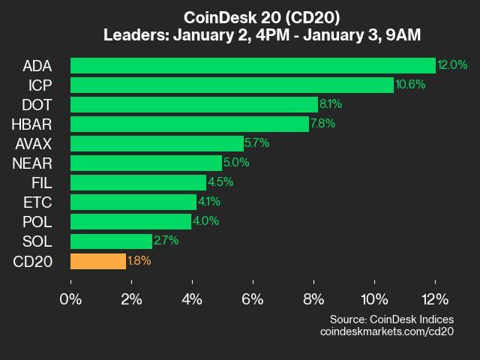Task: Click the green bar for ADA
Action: coord(253,65)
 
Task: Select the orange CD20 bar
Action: coord(98,261)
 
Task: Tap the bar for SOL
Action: coord(111,241)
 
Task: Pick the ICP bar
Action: coord(232,85)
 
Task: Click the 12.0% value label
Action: coord(453,65)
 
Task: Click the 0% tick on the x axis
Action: coord(70,298)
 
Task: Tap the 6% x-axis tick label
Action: coord(253,298)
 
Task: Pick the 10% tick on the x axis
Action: coord(374,298)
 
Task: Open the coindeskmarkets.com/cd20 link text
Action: coord(387,331)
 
